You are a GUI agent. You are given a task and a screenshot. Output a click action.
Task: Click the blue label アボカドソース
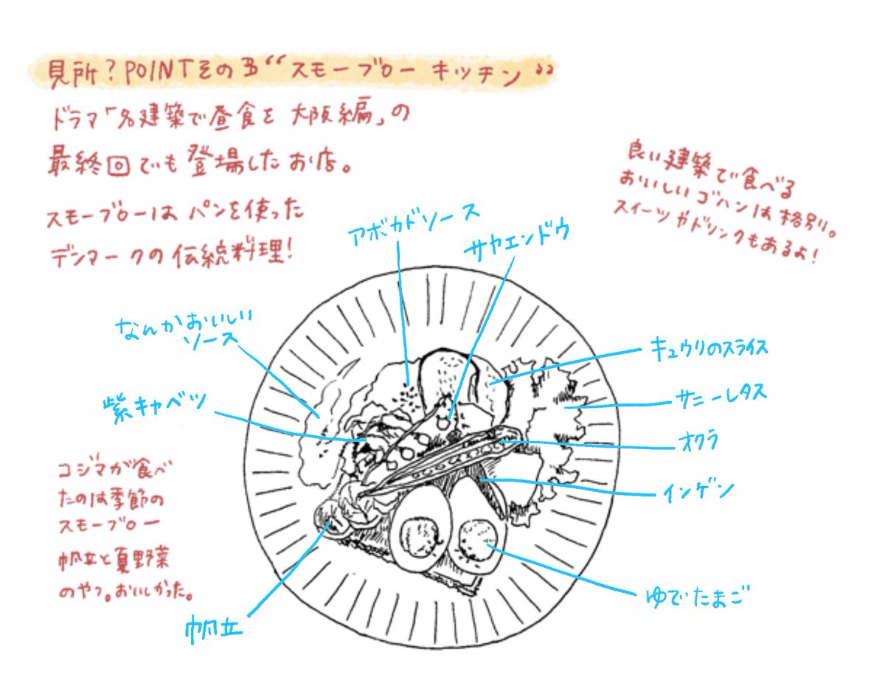tap(414, 222)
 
